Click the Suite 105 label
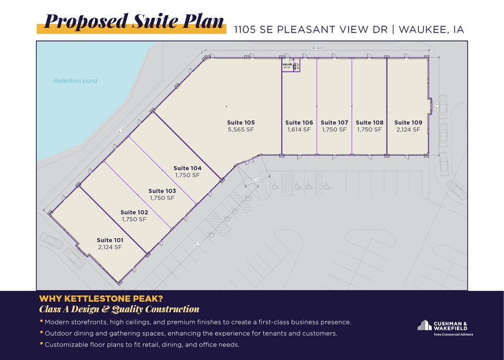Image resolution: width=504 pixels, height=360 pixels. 241,122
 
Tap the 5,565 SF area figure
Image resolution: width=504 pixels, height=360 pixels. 241,130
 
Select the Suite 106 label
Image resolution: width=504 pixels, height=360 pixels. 299,122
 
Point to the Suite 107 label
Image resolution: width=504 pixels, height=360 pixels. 334,122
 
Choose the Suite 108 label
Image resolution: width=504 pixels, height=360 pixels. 369,122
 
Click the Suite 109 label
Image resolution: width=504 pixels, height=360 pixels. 408,122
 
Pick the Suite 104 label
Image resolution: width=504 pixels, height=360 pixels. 187,168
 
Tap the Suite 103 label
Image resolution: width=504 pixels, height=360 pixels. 162,190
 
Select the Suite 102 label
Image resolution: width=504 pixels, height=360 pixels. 134,212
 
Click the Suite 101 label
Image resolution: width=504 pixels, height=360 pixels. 110,240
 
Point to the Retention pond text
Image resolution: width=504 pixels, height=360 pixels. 75,81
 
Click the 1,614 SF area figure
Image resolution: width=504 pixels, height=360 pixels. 299,130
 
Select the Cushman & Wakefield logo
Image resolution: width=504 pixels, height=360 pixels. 445,327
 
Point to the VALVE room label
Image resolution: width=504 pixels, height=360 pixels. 286,63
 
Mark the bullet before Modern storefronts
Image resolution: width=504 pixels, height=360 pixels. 41,321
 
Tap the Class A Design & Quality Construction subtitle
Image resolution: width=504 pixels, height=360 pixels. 119,309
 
